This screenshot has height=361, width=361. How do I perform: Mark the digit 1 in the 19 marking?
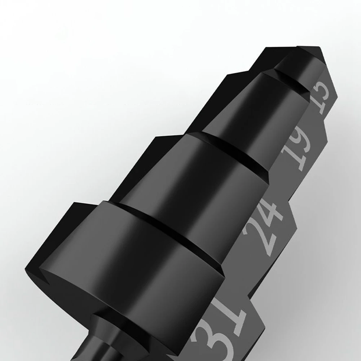click(x=293, y=160)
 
